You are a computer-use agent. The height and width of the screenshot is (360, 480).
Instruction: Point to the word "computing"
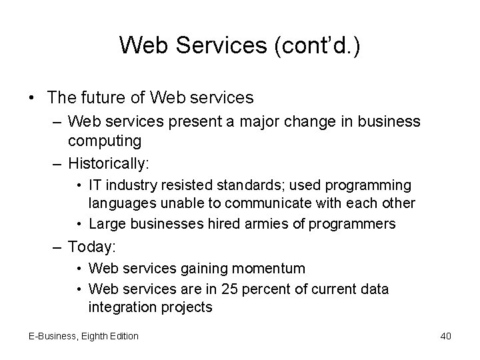click(105, 141)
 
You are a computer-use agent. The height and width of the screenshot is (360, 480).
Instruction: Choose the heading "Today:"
click(92, 247)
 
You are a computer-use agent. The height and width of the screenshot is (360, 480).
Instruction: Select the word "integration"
click(122, 307)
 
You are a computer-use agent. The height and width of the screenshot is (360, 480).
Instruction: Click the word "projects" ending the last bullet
click(190, 307)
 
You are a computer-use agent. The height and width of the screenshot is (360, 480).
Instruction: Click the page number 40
click(445, 336)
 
